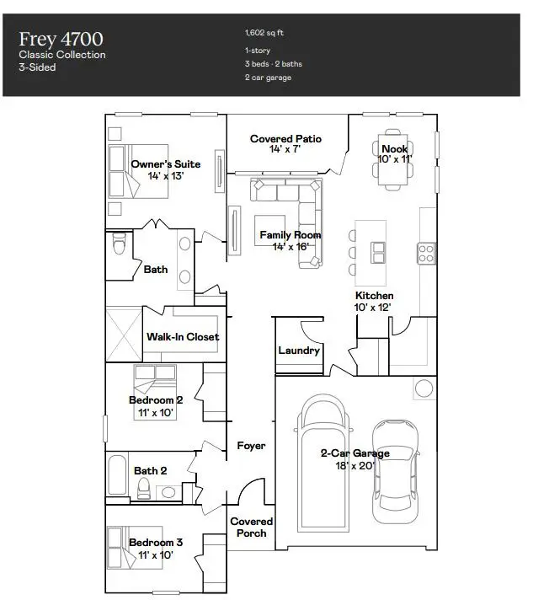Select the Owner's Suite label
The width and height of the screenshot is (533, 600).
click(165, 164)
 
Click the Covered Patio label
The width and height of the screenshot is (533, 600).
click(285, 139)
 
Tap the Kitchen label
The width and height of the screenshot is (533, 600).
click(374, 296)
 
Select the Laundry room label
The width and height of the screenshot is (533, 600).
click(298, 350)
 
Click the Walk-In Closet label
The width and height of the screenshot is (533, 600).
click(183, 336)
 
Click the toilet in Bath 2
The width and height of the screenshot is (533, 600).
click(144, 489)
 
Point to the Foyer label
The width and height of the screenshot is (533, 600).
click(251, 446)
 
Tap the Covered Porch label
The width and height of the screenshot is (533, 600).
click(251, 528)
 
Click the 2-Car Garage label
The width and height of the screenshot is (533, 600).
click(354, 453)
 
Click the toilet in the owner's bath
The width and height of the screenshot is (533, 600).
click(119, 245)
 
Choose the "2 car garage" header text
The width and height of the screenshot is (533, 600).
click(269, 78)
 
